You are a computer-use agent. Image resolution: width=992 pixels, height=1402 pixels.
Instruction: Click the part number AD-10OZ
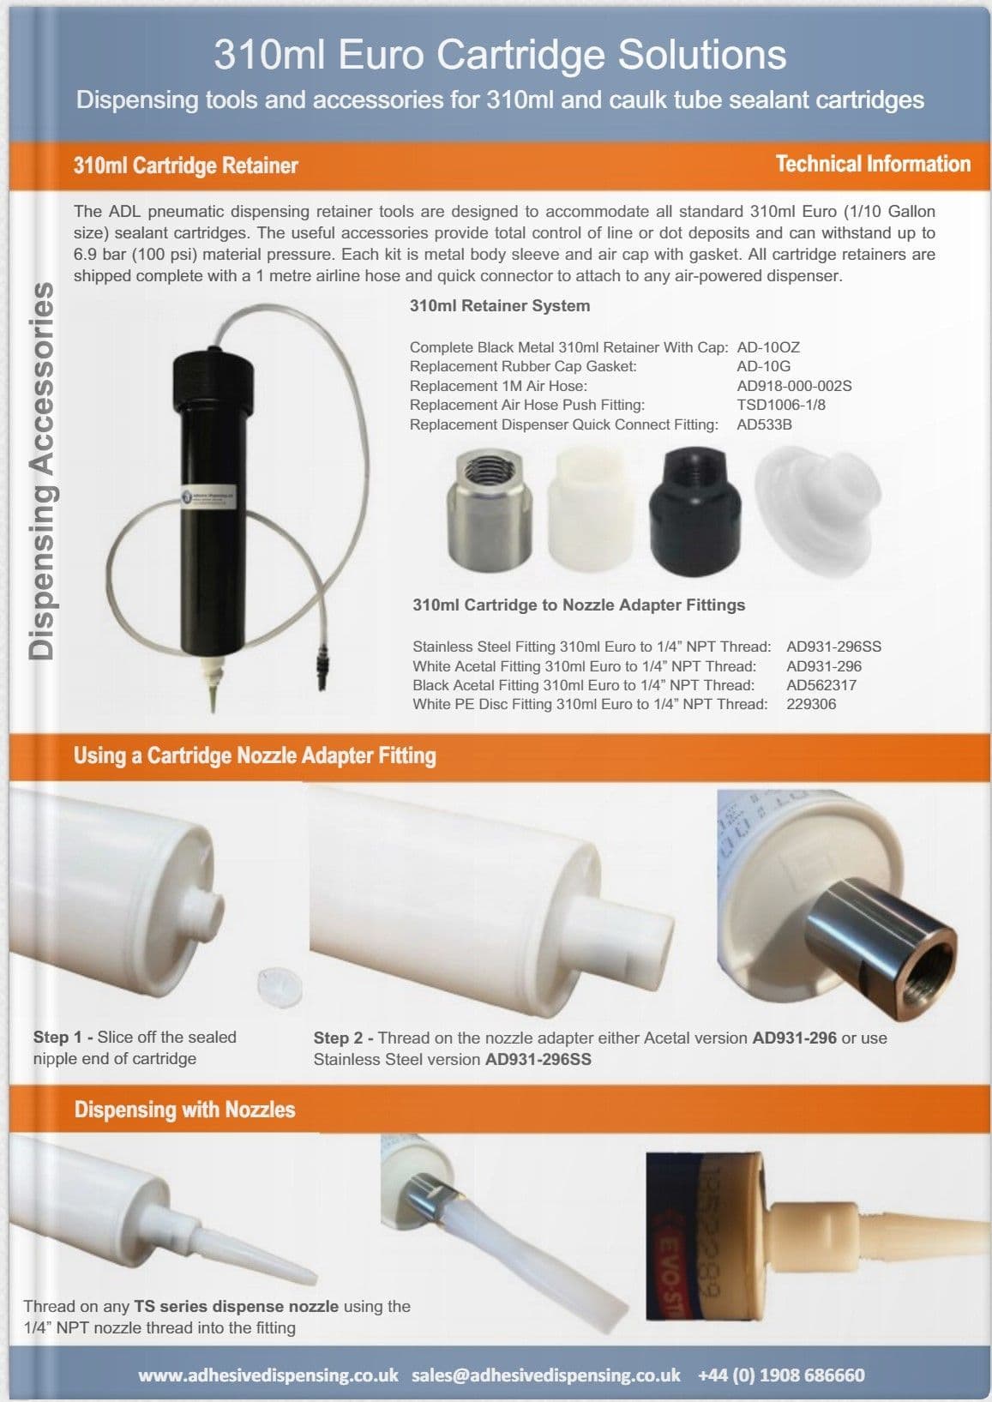[x=768, y=347]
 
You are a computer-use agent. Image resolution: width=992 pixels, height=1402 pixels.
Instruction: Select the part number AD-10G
[x=763, y=366]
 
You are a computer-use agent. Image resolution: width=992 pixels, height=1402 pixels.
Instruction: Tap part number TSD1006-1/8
[x=781, y=405]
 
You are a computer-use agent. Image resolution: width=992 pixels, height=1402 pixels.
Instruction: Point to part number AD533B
[x=764, y=424]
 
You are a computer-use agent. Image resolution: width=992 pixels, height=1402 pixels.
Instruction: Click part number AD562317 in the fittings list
[x=821, y=685]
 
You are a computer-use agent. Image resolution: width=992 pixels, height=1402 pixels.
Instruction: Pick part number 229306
[x=811, y=704]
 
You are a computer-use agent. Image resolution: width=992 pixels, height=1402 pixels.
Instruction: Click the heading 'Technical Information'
[x=873, y=164]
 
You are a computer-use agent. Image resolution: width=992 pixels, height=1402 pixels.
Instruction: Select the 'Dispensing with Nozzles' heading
[x=184, y=1110]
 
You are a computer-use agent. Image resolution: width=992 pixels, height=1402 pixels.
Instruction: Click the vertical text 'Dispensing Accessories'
[x=41, y=471]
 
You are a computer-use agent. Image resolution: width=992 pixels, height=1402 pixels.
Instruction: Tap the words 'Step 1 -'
[x=63, y=1037]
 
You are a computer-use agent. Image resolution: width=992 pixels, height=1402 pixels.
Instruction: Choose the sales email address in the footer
[x=545, y=1375]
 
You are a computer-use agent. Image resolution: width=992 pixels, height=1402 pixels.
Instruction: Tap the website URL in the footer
[x=268, y=1375]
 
